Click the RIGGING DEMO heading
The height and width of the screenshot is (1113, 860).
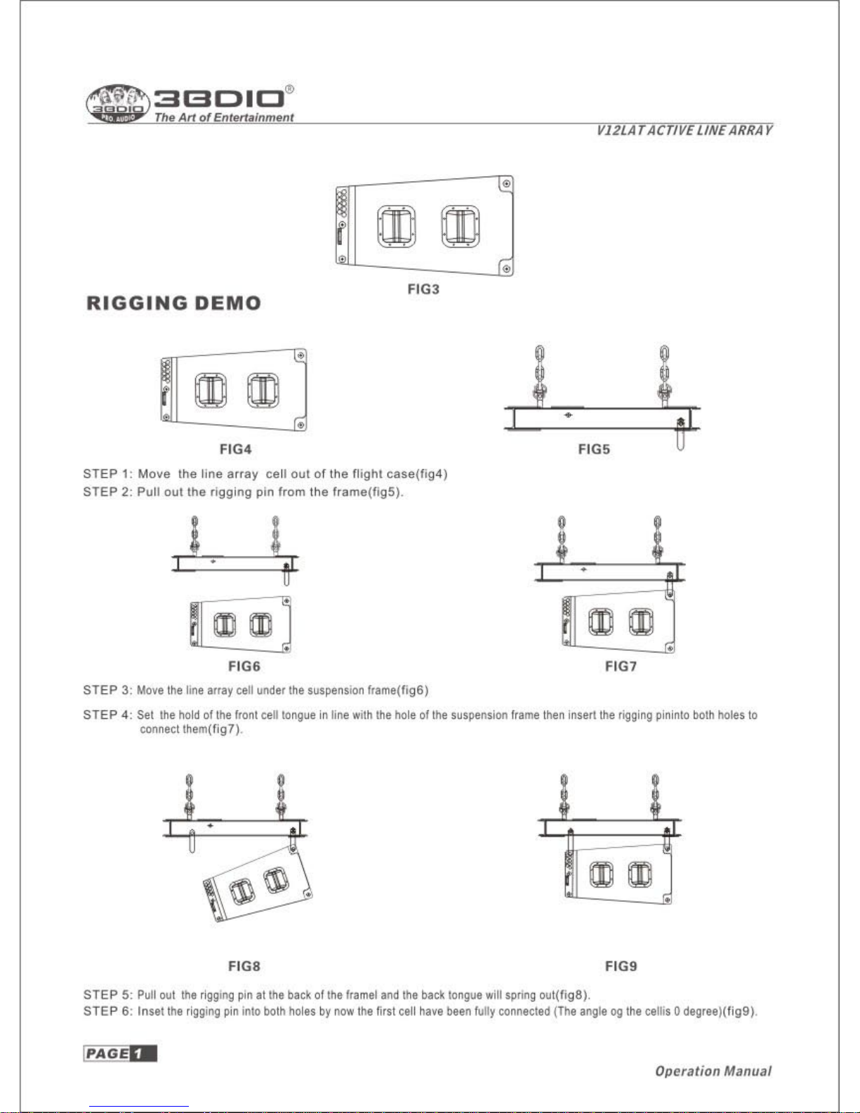point(173,303)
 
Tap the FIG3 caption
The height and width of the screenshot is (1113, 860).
point(423,289)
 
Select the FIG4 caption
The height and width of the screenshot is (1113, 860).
point(235,449)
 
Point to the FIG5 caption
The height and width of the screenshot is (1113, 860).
point(594,449)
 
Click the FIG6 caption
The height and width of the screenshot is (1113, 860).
point(244,666)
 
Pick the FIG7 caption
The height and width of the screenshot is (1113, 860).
point(621,666)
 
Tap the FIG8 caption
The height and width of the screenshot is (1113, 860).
point(244,966)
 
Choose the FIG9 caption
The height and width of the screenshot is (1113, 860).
point(621,966)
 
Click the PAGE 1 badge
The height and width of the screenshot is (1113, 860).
point(120,1053)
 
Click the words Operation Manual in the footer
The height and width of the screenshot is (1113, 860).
point(713,1071)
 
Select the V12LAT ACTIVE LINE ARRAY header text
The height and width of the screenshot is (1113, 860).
point(684,131)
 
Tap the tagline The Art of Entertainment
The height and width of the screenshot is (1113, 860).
point(224,118)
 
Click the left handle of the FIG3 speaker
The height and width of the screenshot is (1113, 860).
point(397,227)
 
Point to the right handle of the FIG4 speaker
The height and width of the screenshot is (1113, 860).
point(263,390)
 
